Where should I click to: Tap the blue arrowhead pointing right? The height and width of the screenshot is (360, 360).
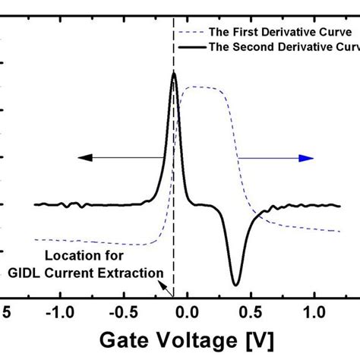tap(306, 157)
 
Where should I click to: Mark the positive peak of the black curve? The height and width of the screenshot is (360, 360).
tap(174, 74)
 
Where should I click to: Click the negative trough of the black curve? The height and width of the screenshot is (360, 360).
tap(236, 284)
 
